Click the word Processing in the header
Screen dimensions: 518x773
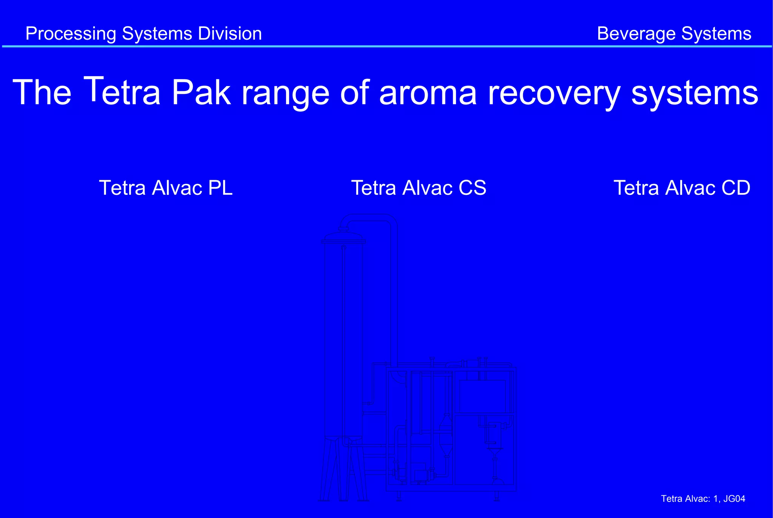[71, 34]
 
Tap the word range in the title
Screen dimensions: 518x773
[286, 93]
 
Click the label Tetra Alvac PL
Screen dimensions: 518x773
[166, 188]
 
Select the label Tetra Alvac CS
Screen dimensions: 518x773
[419, 188]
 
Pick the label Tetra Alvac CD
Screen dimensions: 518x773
[682, 188]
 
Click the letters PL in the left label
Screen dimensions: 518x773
[220, 188]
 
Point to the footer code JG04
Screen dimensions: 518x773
[734, 499]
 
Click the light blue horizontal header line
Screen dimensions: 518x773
[386, 46]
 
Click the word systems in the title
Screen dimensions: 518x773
[694, 93]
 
